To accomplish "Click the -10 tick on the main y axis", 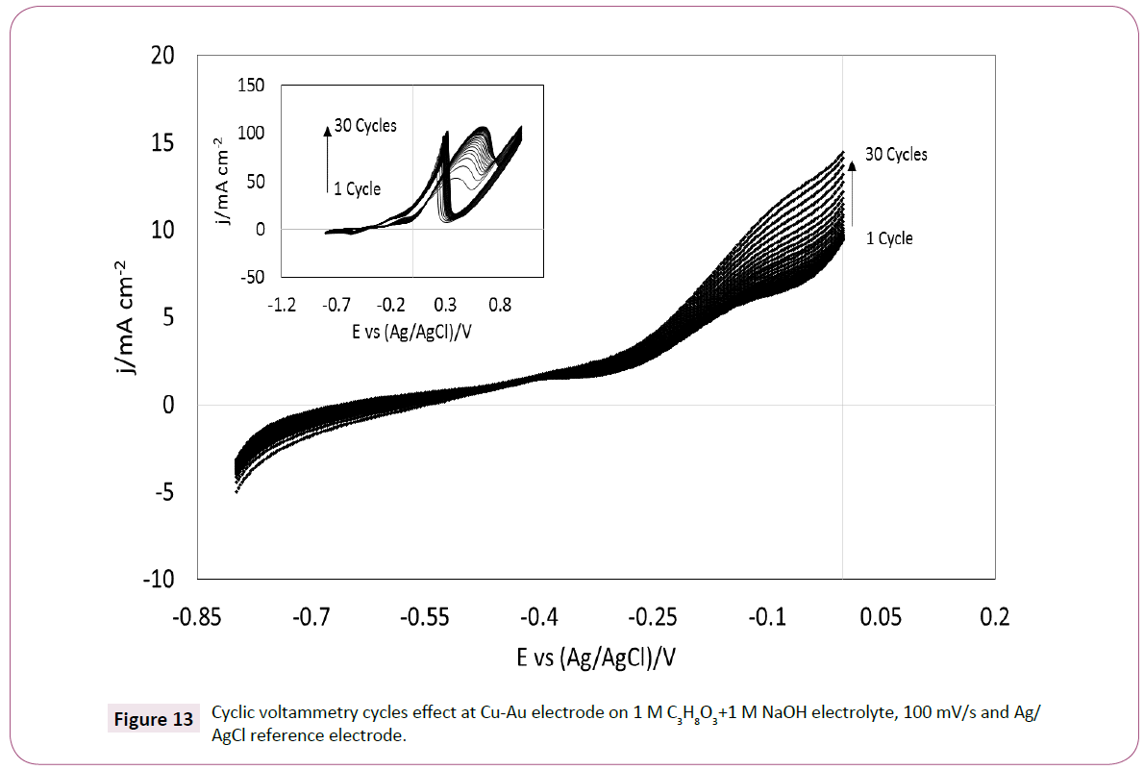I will tap(159, 580).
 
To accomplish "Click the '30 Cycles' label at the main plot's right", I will tap(896, 154).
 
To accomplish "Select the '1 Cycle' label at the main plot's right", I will tap(889, 238).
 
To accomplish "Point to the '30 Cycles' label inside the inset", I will tap(365, 126).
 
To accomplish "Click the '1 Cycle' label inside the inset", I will tap(358, 188).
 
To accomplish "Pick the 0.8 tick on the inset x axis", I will tap(500, 305).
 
